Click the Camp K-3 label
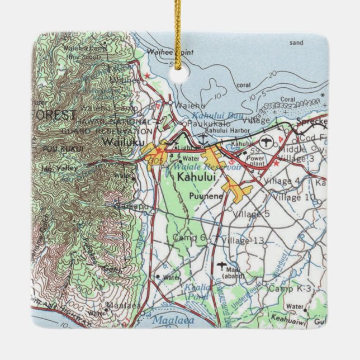(x=288, y=288)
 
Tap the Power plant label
(x=258, y=160)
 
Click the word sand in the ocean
(x=296, y=42)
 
